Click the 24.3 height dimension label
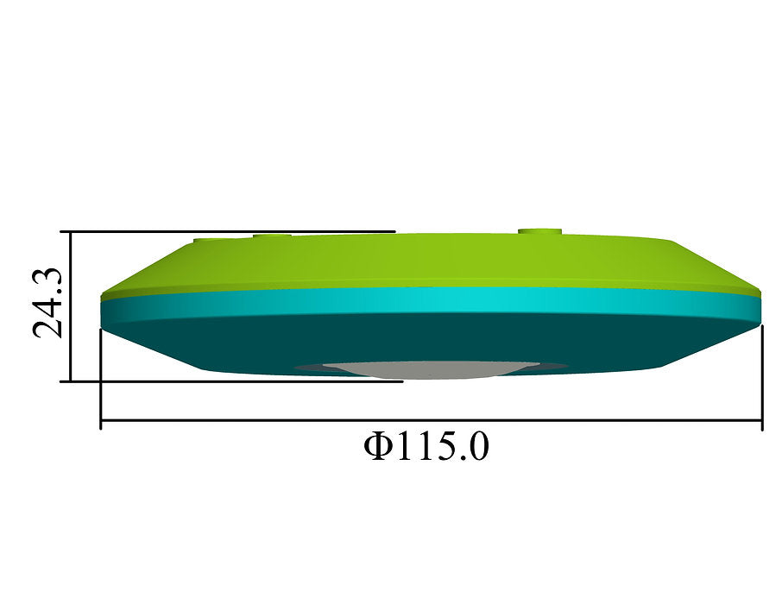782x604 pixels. pyautogui.click(x=47, y=303)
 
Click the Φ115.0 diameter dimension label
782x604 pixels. pyautogui.click(x=426, y=446)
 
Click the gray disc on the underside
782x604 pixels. pyautogui.click(x=432, y=369)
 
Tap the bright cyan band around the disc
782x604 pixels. pyautogui.click(x=432, y=302)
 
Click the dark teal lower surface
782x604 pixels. pyautogui.click(x=432, y=344)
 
